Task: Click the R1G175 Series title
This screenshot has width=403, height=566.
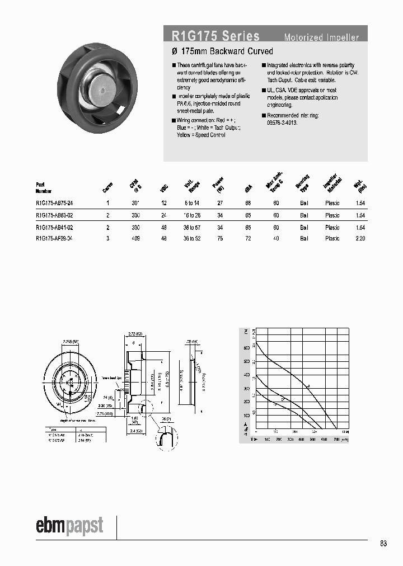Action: [215, 37]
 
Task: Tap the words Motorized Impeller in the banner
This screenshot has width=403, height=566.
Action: [321, 38]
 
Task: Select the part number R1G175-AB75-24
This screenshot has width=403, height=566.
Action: [54, 204]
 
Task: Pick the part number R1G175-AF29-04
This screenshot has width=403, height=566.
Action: [54, 238]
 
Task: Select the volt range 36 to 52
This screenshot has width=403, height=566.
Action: [192, 238]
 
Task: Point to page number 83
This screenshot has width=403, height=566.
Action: [383, 544]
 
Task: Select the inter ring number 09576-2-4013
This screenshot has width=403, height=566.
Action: [282, 122]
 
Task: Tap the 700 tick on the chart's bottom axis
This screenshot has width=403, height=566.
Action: [336, 440]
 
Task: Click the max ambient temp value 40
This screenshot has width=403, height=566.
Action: [276, 238]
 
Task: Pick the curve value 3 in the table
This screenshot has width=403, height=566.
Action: [108, 238]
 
